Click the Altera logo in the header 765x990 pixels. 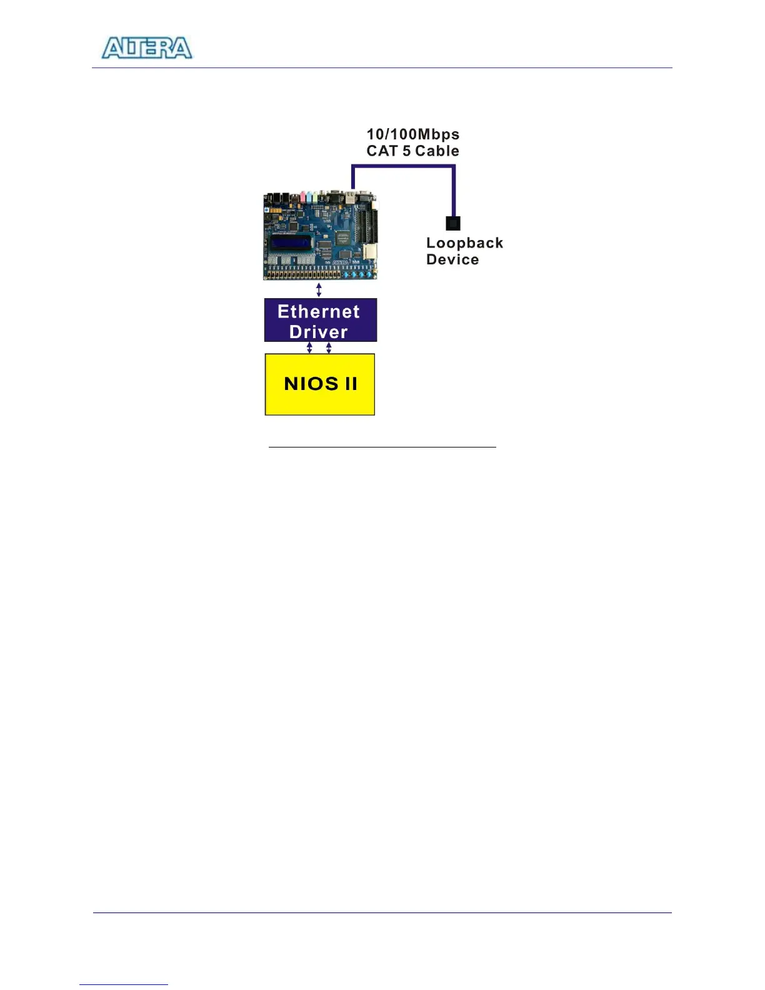147,48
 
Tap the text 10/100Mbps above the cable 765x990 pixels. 412,134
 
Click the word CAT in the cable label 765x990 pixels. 381,151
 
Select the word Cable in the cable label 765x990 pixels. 437,151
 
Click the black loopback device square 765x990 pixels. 453,223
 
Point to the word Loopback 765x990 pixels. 464,243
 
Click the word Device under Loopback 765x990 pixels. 452,260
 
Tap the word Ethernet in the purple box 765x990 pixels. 319,311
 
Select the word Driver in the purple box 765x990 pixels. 318,332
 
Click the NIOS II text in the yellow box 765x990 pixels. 321,383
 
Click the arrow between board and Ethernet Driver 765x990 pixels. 319,290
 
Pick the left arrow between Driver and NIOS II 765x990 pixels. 309,348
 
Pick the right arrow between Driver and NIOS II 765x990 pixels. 329,348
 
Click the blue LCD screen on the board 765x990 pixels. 290,241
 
